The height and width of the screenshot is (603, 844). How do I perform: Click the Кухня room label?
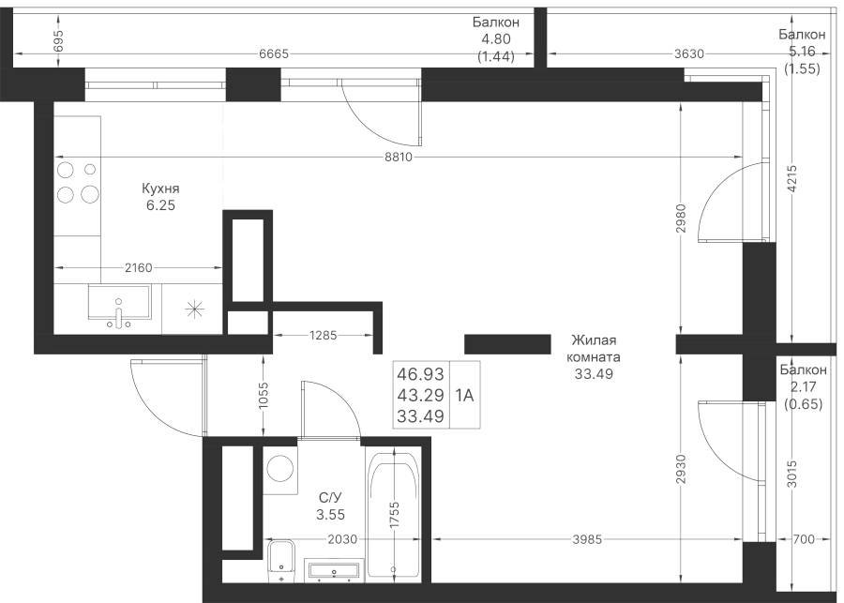pyautogui.click(x=160, y=188)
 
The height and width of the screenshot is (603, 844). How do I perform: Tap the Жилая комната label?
pyautogui.click(x=594, y=348)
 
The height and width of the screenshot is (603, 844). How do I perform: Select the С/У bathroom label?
pyautogui.click(x=330, y=498)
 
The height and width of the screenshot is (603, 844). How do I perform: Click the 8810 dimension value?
pyautogui.click(x=399, y=158)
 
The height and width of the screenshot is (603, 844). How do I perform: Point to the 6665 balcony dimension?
pyautogui.click(x=274, y=53)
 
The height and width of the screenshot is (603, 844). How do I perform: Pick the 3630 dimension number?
pyautogui.click(x=689, y=53)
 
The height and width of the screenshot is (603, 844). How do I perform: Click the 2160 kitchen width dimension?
pyautogui.click(x=139, y=267)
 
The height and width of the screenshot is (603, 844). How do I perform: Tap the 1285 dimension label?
pyautogui.click(x=323, y=336)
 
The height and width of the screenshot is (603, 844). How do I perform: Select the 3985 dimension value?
pyautogui.click(x=587, y=539)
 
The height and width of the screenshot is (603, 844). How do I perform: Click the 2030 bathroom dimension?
pyautogui.click(x=342, y=539)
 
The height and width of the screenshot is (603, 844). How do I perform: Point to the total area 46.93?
pyautogui.click(x=420, y=373)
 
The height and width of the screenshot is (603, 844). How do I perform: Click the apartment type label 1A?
pyautogui.click(x=464, y=396)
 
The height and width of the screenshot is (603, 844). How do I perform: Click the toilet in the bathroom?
pyautogui.click(x=281, y=561)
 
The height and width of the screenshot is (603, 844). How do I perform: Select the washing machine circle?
pyautogui.click(x=279, y=468)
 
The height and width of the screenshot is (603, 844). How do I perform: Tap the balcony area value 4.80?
pyautogui.click(x=496, y=38)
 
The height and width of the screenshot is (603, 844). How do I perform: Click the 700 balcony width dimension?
pyautogui.click(x=804, y=539)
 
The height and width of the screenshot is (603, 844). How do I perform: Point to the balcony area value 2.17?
pyautogui.click(x=804, y=386)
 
